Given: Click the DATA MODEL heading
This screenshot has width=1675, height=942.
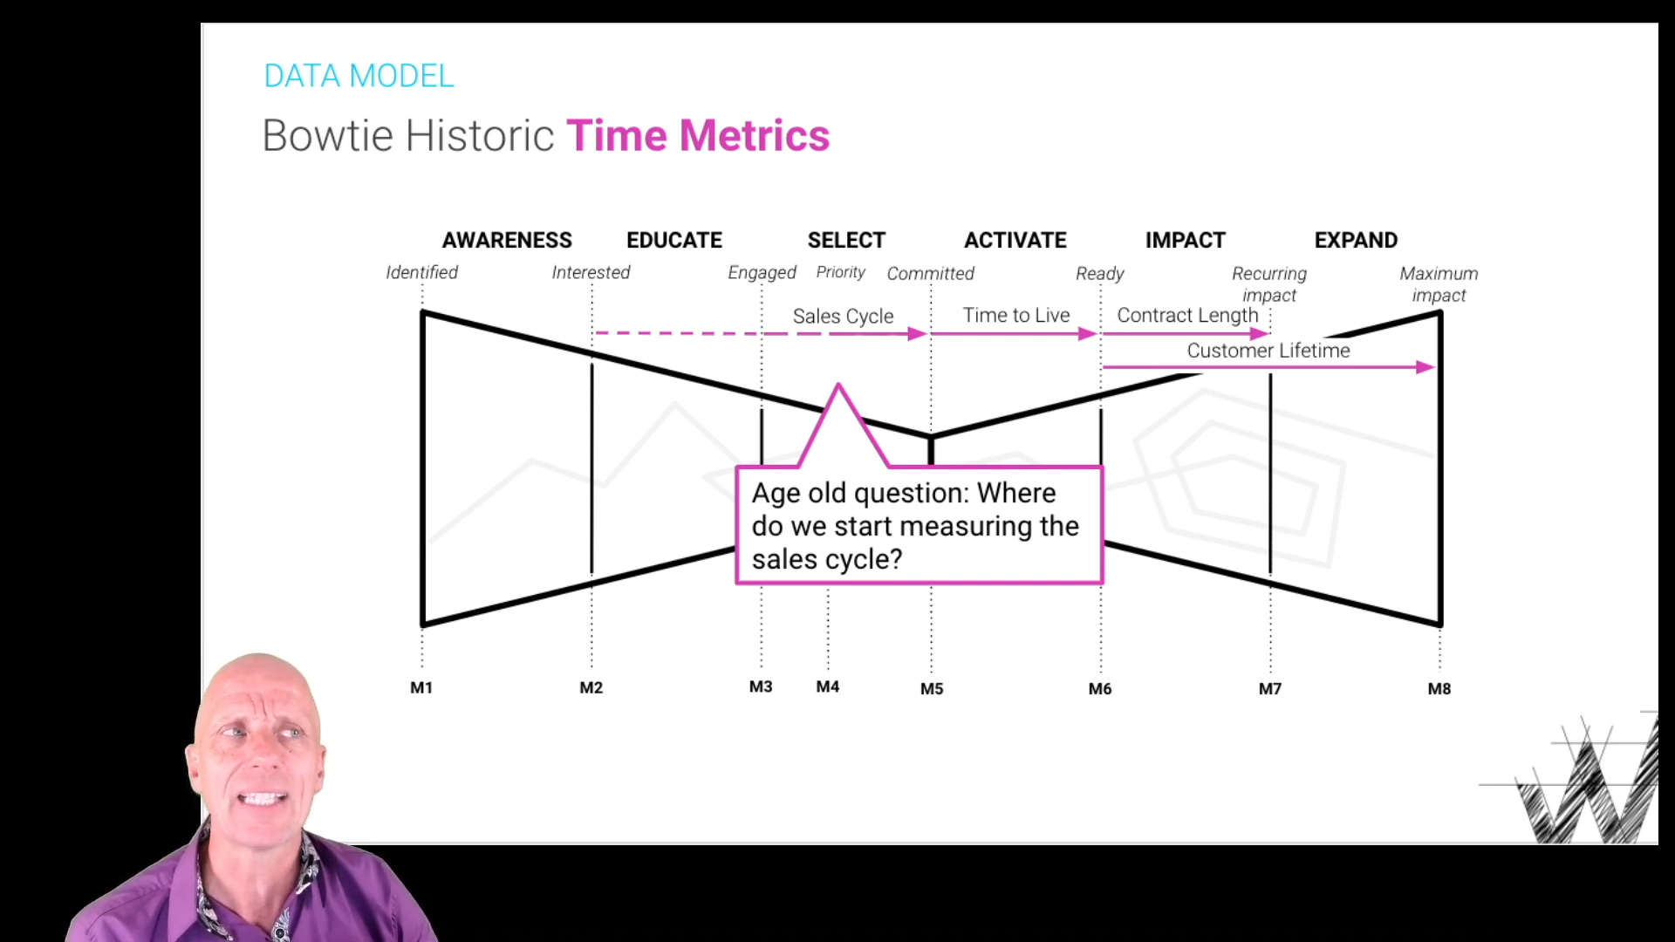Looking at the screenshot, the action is point(359,76).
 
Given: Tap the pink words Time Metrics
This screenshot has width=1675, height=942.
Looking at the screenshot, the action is point(698,136).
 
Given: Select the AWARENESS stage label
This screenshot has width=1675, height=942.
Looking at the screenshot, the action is point(507,240).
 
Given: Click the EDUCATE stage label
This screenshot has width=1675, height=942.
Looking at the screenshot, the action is point(674,240).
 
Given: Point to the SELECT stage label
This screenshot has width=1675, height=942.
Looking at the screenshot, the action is point(846,240).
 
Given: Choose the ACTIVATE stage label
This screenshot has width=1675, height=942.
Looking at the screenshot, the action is point(1015,240).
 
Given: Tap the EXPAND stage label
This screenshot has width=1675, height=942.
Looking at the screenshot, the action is point(1356,240).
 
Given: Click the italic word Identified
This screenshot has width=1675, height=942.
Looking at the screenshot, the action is point(422,272).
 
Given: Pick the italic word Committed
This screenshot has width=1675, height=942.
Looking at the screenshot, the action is point(931,274).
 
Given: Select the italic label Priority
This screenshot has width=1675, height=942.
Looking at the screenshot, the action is point(841,273).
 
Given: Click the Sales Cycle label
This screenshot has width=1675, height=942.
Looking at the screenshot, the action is point(843,316).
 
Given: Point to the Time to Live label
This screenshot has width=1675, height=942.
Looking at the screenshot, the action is point(1016,315).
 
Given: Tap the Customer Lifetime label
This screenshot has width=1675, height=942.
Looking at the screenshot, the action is point(1268,351).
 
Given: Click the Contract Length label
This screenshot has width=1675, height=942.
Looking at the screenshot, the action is point(1187,316).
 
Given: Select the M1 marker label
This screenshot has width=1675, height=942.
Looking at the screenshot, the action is point(421,688).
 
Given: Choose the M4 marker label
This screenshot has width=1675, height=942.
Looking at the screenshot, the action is point(828,687).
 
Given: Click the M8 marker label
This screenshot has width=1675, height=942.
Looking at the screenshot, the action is point(1439,689).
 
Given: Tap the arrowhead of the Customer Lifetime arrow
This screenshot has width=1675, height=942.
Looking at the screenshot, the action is point(1426,367).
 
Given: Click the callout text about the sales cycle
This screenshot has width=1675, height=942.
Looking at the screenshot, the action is point(915,526).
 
